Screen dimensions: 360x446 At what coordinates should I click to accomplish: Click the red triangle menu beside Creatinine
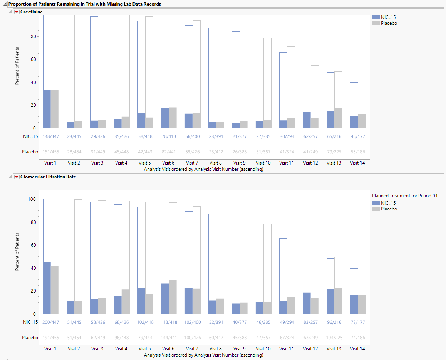pos(17,12)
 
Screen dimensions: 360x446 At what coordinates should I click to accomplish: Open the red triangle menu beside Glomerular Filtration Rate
pos(17,177)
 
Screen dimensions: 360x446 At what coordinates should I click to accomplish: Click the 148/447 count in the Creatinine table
pos(50,136)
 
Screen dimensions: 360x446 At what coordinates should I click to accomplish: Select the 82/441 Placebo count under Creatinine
pos(168,152)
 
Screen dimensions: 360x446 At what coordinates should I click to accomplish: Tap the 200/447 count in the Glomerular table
pos(50,322)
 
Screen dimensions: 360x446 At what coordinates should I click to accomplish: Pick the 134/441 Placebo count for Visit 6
pos(168,338)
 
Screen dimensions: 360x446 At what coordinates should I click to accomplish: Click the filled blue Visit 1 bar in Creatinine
pos(47,109)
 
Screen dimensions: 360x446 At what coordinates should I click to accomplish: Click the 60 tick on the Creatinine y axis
pos(34,59)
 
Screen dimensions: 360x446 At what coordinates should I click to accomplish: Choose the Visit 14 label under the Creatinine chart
pos(357,163)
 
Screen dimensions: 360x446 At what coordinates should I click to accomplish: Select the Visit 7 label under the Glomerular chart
pos(192,349)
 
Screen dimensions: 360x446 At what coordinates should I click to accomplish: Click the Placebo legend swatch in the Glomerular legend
pos(376,209)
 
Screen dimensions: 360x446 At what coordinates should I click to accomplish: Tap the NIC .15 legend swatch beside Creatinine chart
pos(376,17)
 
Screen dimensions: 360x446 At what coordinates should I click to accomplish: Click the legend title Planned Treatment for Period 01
pos(404,196)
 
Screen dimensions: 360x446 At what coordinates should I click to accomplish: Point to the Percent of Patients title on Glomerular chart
pos(17,251)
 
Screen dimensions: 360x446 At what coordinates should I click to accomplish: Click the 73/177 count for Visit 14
pos(357,322)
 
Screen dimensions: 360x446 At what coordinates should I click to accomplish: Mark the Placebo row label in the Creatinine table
pos(30,152)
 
